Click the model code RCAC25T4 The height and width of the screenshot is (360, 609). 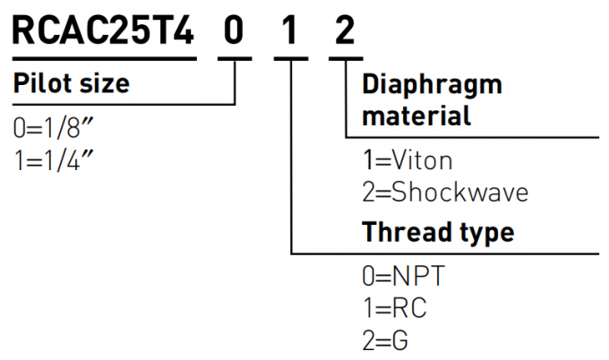click(x=103, y=32)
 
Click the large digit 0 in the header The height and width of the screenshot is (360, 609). click(x=234, y=32)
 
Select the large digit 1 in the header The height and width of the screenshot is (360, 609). click(x=289, y=32)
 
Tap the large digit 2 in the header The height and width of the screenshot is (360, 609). click(x=345, y=32)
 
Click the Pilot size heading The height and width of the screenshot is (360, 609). click(x=71, y=84)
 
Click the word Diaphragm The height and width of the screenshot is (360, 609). click(x=432, y=85)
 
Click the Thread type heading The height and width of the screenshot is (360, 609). click(x=437, y=233)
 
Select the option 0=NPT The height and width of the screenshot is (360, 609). click(x=403, y=276)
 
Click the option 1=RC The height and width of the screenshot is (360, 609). click(x=394, y=308)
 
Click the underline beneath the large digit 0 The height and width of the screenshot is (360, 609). click(x=235, y=59)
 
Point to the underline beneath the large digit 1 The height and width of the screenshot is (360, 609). click(x=290, y=59)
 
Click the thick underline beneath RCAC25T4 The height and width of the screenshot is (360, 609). click(x=103, y=59)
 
